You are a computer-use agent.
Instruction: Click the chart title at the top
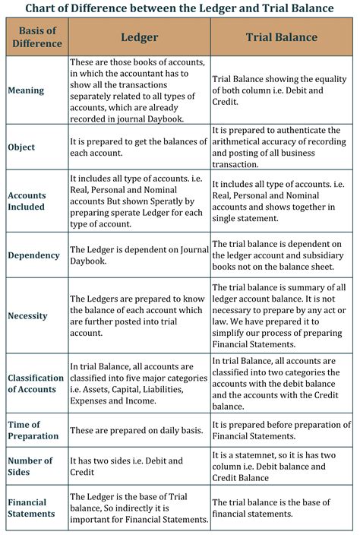point(180,8)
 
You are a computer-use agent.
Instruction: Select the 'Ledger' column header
point(138,37)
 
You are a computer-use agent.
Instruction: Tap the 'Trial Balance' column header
point(282,37)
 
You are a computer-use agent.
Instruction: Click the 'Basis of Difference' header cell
point(36,37)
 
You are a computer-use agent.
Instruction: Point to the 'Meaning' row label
point(27,90)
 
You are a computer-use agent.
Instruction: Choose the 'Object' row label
point(22,147)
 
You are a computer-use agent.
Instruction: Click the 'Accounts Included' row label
point(27,201)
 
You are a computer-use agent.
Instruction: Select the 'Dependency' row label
point(34,255)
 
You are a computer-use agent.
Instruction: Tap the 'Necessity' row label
point(28,315)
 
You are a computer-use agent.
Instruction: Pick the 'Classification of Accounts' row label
point(36,384)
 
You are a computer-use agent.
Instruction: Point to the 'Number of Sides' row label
point(31,466)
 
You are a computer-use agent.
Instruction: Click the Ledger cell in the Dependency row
point(137,255)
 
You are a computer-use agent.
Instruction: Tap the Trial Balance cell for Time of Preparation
point(281,430)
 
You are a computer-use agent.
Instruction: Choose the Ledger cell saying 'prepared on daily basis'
point(137,430)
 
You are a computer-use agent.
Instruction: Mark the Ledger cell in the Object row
point(137,147)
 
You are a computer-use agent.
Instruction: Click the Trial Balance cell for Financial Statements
point(281,508)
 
